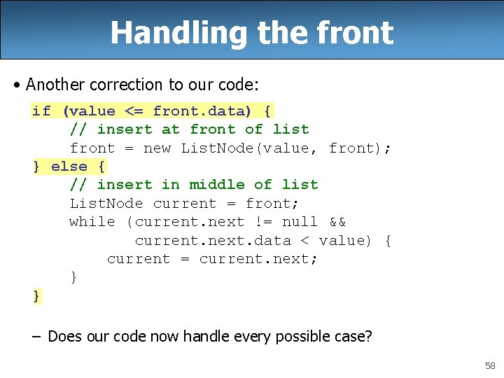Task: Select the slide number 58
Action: pos(489,366)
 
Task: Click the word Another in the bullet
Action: pos(55,85)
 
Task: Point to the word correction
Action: pos(126,85)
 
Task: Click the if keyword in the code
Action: pos(41,111)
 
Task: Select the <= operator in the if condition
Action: pos(134,111)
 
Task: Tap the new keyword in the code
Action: pos(157,148)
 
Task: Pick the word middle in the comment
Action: pos(217,184)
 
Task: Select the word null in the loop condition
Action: pos(300,221)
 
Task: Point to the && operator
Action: pos(337,221)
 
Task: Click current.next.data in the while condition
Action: pos(213,240)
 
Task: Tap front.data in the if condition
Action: pos(198,111)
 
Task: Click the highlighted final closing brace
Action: pos(36,295)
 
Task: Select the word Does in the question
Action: pos(64,337)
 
